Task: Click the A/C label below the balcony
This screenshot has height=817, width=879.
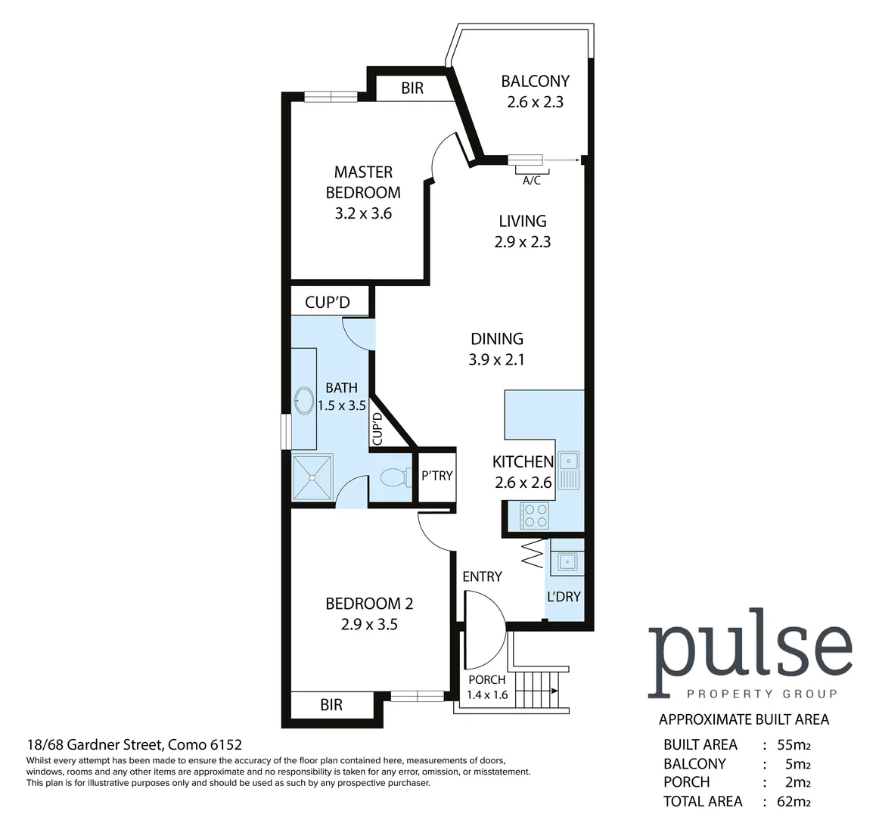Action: pos(531,181)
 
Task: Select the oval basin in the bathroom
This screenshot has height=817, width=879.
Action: pos(304,400)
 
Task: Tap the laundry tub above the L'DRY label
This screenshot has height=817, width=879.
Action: pos(566,561)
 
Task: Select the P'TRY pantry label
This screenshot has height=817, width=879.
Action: pos(436,476)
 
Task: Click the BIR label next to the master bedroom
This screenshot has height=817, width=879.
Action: pos(412,89)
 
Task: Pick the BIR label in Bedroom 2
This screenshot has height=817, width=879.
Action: pos(331,705)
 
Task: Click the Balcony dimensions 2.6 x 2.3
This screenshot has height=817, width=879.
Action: pos(535,101)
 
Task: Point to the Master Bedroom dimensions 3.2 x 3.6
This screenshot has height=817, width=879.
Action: pos(363,213)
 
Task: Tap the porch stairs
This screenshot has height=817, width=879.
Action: pos(539,690)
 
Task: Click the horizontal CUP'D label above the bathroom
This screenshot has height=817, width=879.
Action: pos(328,303)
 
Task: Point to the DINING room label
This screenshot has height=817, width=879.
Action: pos(497,339)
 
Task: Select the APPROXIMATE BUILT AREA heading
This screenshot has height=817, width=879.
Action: pos(744,719)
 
